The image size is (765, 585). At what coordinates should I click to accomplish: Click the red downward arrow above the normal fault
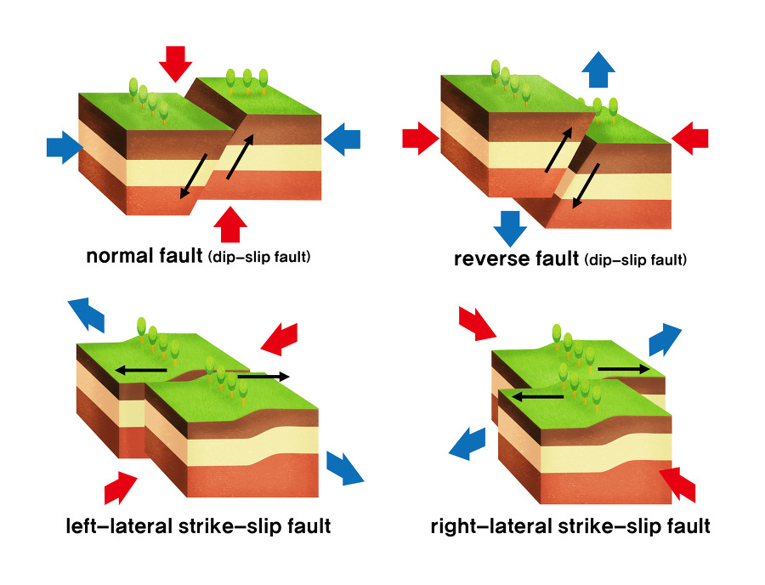(177, 62)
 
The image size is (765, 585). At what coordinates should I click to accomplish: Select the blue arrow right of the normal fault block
(343, 138)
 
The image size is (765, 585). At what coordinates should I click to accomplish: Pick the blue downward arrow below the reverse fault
(509, 227)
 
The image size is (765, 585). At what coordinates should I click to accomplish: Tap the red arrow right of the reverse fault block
(690, 136)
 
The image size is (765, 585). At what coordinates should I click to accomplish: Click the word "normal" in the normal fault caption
(120, 256)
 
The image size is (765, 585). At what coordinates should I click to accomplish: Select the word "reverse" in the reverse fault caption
(490, 258)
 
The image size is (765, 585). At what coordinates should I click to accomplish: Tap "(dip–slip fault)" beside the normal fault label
(259, 257)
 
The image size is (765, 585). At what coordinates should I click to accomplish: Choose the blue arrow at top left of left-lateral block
(87, 314)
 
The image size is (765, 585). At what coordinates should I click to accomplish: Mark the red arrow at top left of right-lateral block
(476, 323)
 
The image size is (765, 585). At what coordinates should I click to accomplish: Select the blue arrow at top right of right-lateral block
(666, 338)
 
